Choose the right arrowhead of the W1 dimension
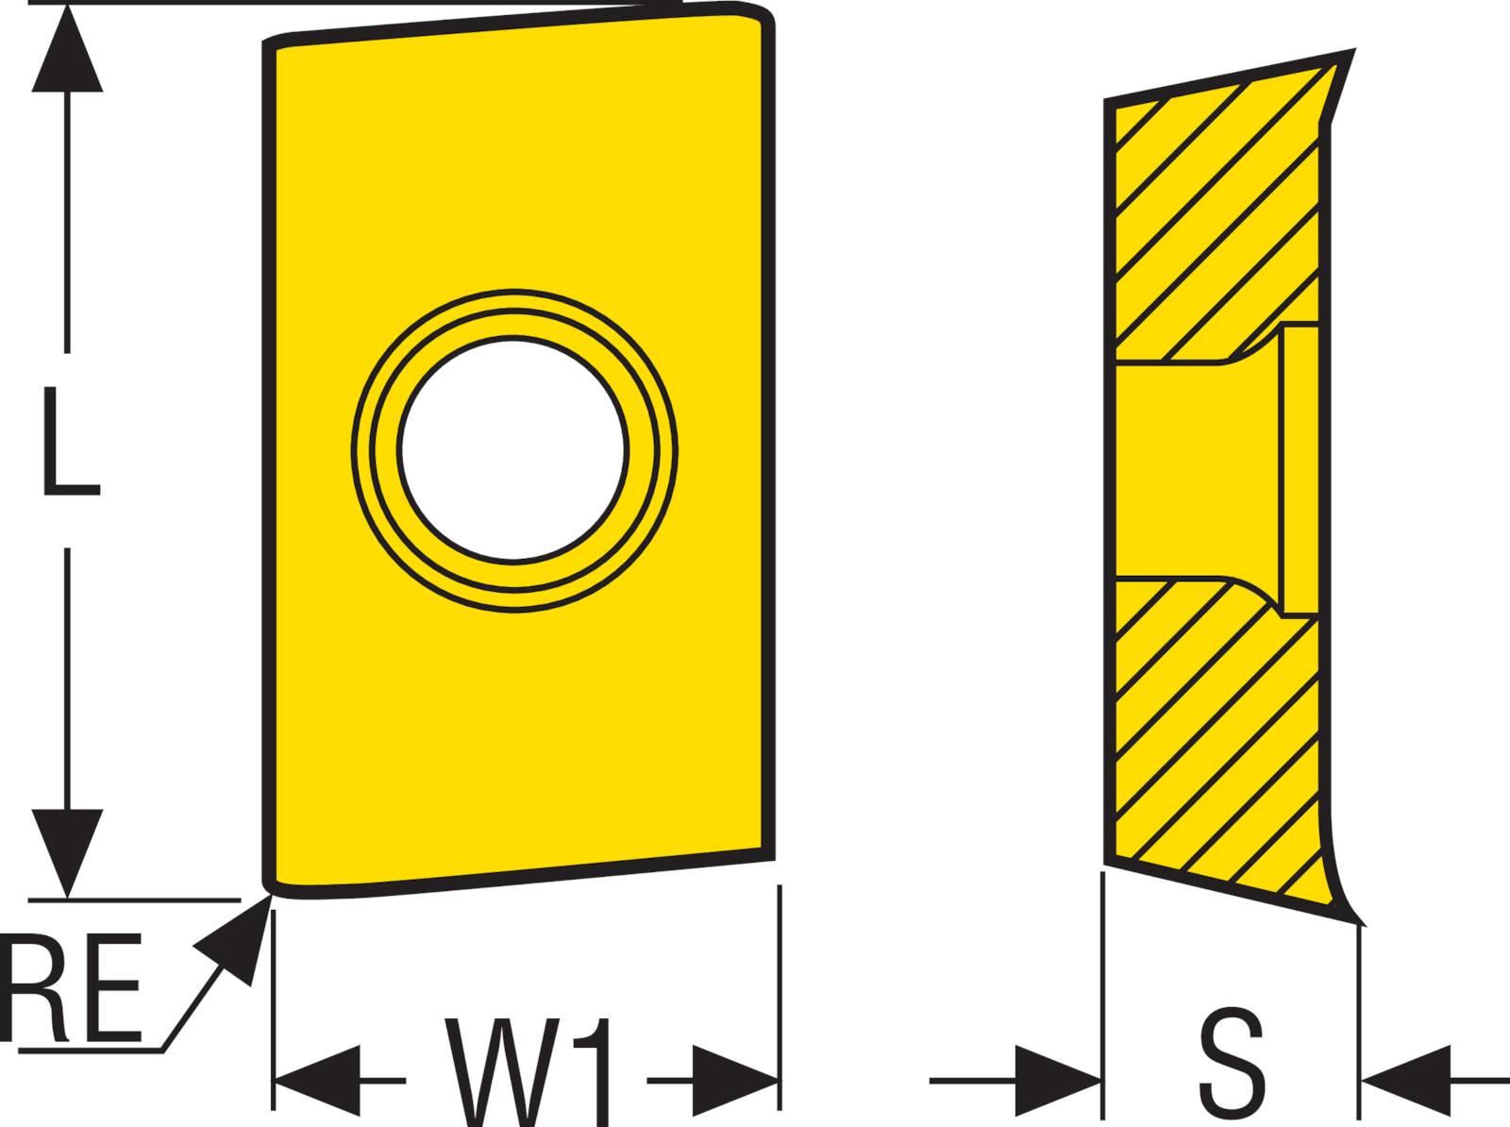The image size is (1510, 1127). point(736,1079)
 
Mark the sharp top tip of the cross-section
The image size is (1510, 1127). point(1351,53)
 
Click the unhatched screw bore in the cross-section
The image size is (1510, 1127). point(1199,467)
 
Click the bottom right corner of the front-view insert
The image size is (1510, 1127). point(769,852)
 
